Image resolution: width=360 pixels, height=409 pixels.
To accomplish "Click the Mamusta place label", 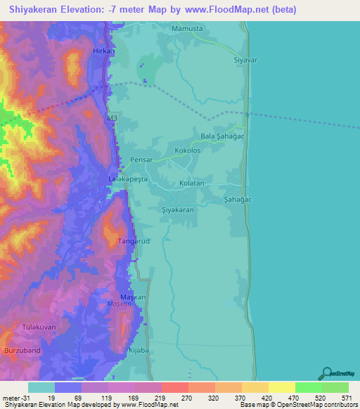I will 187,29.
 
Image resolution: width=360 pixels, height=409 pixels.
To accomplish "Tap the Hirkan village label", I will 103,52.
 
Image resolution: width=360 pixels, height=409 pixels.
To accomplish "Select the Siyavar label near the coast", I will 247,60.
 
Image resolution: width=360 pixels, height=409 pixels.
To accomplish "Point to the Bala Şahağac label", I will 221,136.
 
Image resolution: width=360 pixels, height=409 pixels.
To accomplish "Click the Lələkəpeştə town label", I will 127,180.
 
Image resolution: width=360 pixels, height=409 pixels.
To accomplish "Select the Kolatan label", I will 192,183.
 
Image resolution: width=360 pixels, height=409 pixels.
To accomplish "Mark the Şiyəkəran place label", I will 178,210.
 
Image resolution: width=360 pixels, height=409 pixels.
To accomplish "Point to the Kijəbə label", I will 139,349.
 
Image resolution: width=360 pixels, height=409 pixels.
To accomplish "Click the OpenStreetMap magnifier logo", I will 328,372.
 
